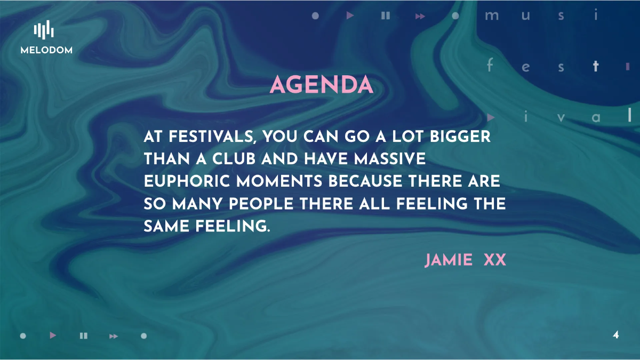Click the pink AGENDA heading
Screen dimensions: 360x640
click(321, 85)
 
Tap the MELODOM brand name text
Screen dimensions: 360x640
click(46, 50)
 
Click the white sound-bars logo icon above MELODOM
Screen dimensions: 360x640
click(44, 30)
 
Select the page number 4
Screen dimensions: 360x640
click(616, 335)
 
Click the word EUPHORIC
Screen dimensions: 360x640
click(187, 181)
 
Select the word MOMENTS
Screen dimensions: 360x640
click(279, 181)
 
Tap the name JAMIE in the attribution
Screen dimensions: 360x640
click(449, 260)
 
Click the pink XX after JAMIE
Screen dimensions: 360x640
click(494, 260)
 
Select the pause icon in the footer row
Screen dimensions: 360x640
click(83, 335)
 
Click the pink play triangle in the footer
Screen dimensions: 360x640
click(53, 335)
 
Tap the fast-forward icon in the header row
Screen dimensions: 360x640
click(420, 16)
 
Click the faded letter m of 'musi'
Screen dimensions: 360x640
click(491, 16)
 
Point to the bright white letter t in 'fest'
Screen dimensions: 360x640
click(596, 67)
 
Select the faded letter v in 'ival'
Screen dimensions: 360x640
click(561, 117)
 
